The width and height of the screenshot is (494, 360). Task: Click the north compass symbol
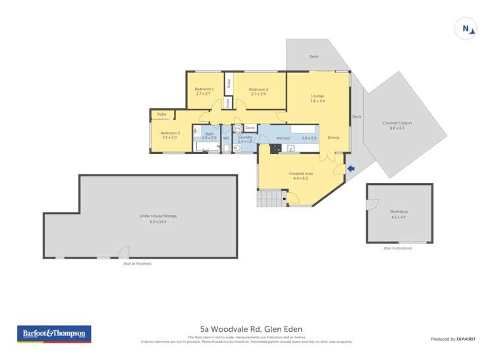tap(466, 28)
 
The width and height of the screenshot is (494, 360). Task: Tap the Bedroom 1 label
tap(204, 89)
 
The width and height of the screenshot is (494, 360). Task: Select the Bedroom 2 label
tap(259, 89)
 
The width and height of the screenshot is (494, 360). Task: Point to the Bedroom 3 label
tap(170, 133)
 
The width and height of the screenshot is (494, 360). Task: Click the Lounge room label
tap(318, 96)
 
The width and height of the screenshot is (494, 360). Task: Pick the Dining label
tap(333, 138)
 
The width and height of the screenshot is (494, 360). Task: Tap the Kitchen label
tap(283, 138)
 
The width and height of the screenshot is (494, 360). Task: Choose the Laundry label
tap(245, 137)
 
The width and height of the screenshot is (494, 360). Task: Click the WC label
tap(226, 138)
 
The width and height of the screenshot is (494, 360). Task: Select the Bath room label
tap(209, 134)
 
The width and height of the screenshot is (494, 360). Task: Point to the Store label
tap(250, 127)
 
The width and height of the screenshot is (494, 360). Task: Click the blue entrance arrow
tap(351, 168)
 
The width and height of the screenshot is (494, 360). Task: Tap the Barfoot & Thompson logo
tap(54, 334)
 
